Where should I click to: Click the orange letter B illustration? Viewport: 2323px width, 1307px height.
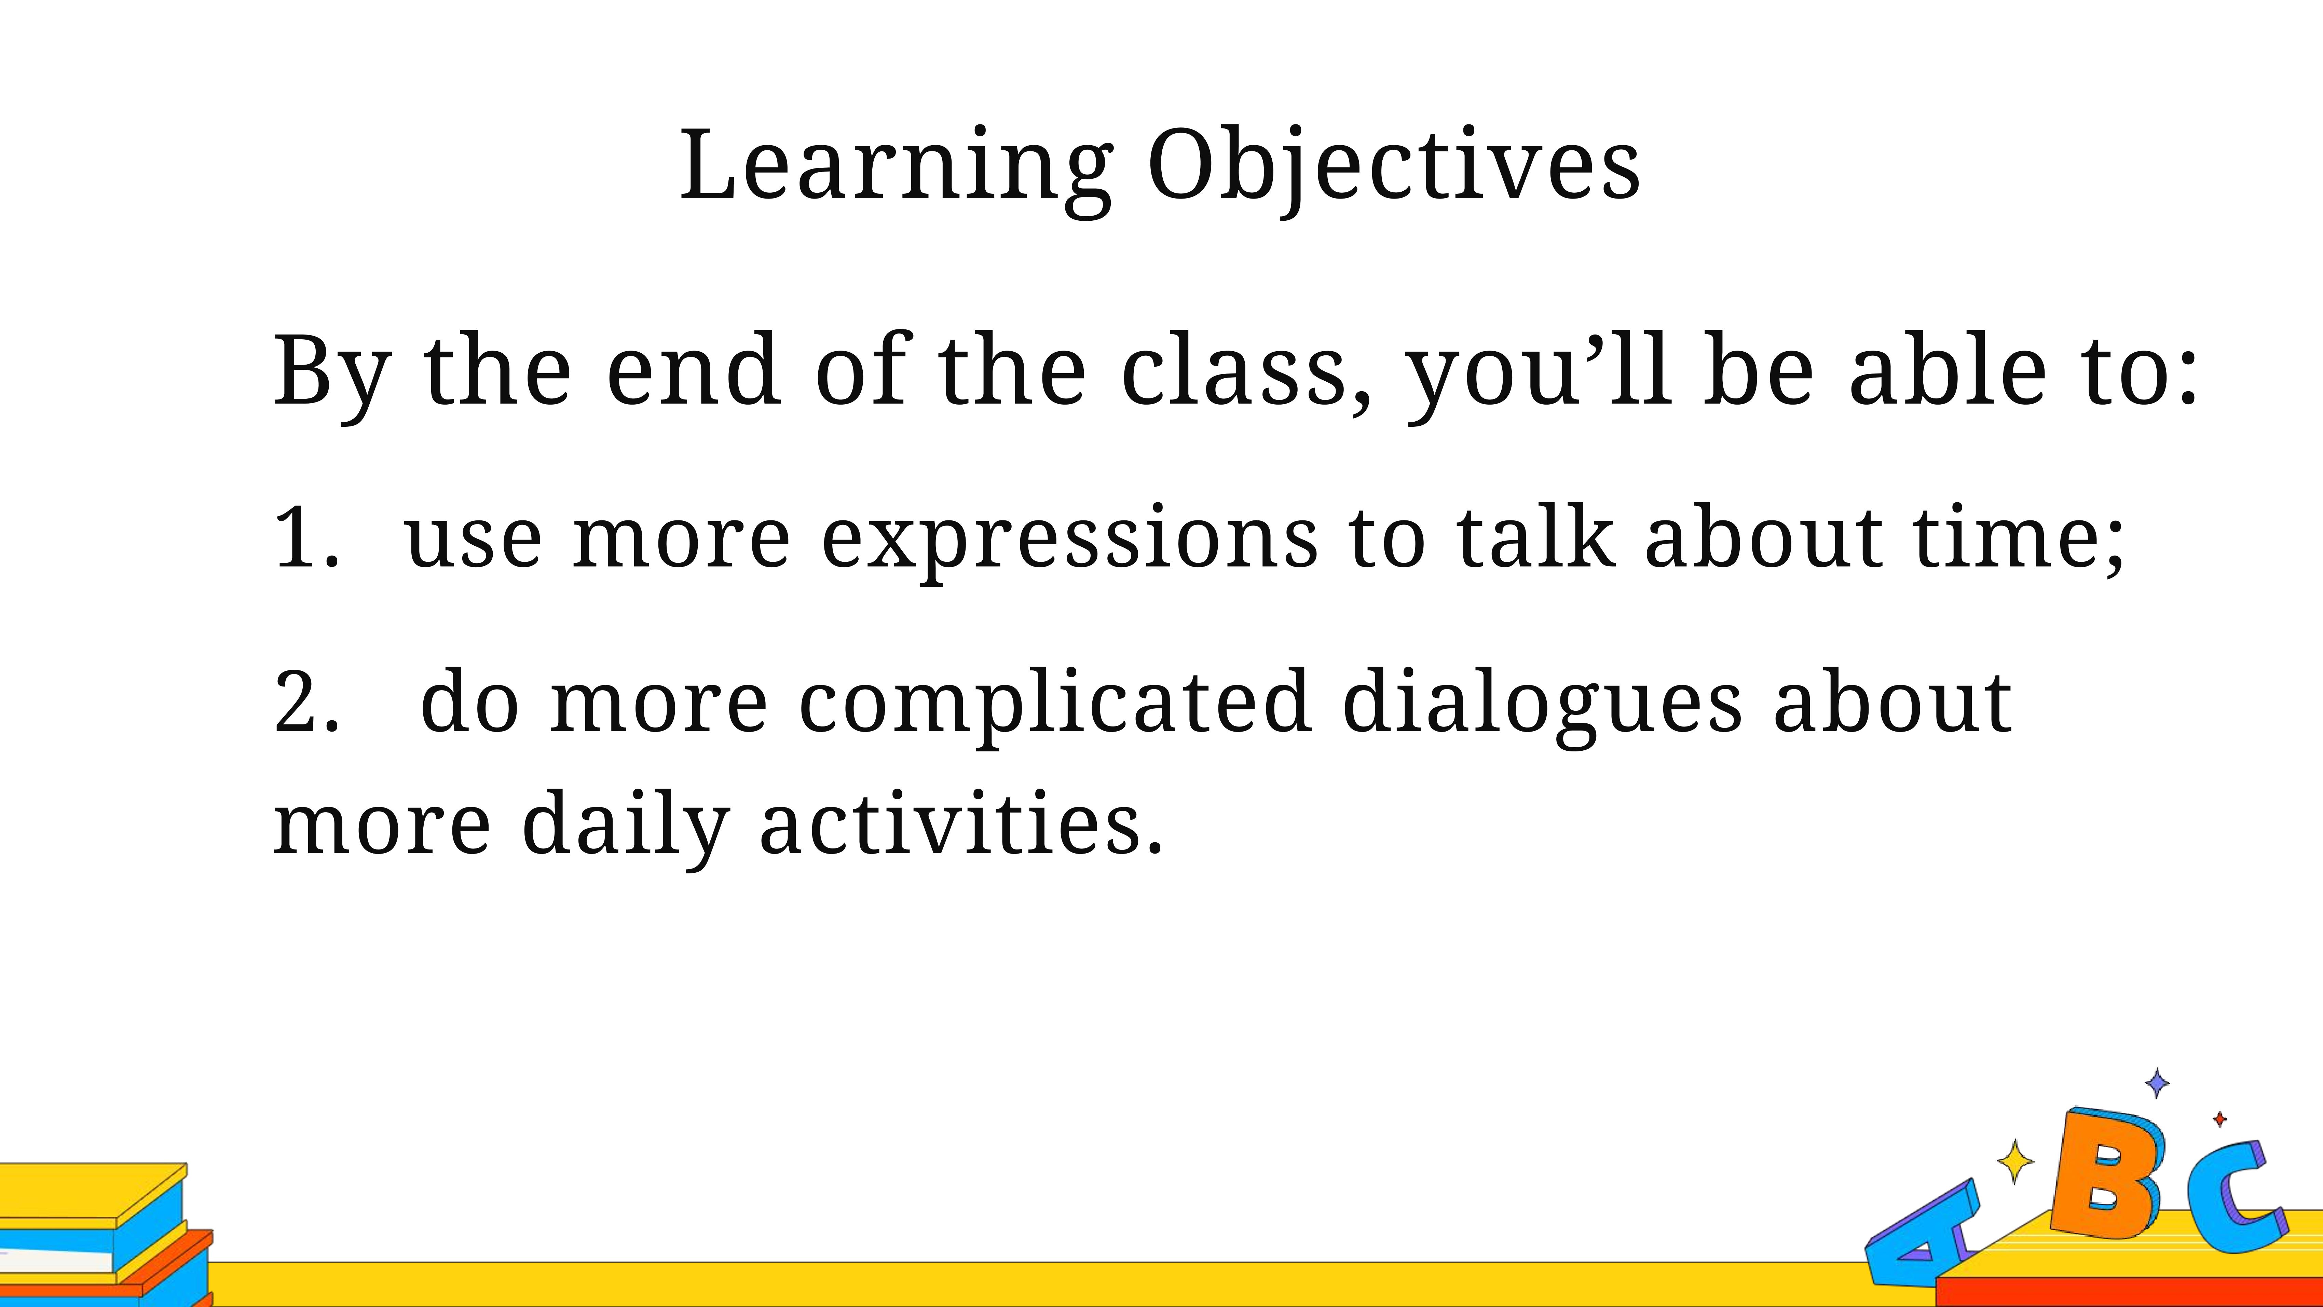click(x=2106, y=1173)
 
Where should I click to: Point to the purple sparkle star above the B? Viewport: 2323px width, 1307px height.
click(x=2157, y=1083)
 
